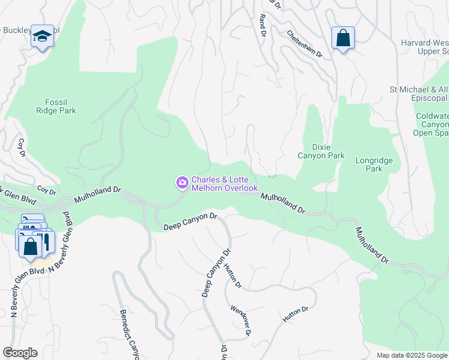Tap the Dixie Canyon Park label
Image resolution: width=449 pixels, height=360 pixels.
321,151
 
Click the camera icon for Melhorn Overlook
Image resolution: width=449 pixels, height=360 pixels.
181,182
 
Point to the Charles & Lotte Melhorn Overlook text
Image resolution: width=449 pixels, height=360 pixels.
224,184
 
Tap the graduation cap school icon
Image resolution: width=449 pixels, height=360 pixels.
42,37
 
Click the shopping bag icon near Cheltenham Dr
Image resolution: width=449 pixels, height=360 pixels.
343,38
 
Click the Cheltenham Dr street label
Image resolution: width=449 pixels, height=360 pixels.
304,44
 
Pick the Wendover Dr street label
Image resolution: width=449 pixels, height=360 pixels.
240,320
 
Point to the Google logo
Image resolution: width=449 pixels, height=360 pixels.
20,353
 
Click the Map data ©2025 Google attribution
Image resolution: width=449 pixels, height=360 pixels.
411,355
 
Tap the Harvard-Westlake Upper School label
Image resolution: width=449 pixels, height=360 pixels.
424,47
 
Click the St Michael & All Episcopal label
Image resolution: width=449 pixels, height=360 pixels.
419,94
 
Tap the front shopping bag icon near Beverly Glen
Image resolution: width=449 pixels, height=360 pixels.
30,247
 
